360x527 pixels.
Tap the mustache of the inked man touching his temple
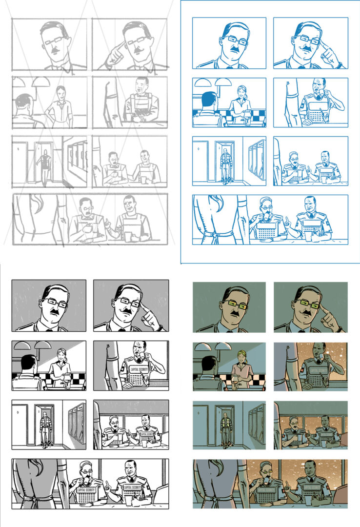128,310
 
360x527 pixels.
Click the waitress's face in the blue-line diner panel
242,92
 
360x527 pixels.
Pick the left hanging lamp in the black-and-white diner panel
21,345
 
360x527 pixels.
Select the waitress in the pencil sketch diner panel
60,103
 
